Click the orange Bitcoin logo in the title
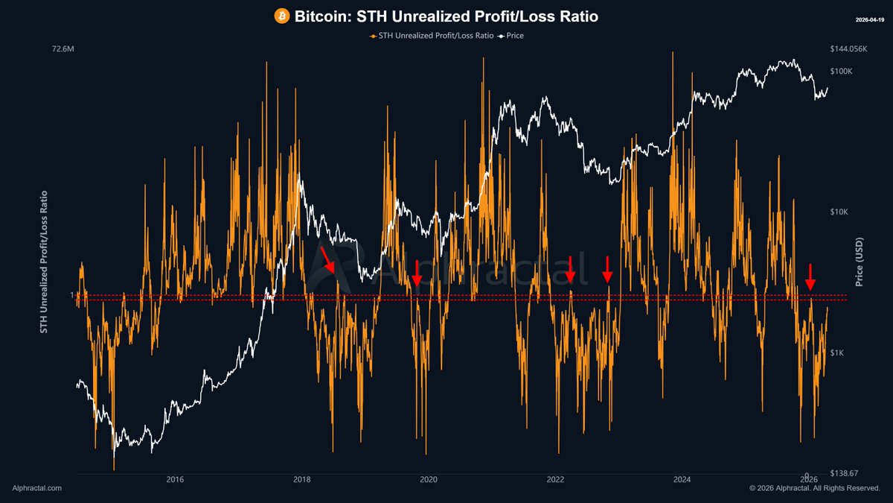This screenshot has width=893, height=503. (282, 16)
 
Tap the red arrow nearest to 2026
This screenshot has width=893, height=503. (810, 277)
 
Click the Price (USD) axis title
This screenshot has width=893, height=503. (860, 262)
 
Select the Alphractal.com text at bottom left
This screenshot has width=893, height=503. (37, 488)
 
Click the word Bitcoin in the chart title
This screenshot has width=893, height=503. (318, 16)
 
